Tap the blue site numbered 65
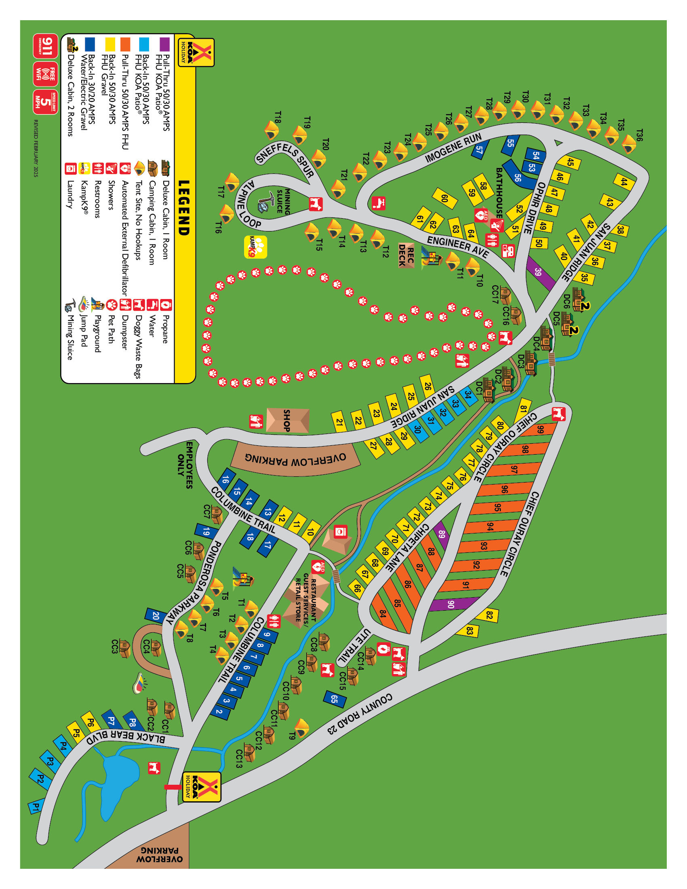pos(335,699)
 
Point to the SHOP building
pos(287,420)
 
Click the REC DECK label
pos(406,256)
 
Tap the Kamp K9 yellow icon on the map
pos(255,247)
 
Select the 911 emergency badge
pos(46,46)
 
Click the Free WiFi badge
pos(46,74)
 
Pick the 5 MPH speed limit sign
pos(46,102)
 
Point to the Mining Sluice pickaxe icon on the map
pos(266,201)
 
